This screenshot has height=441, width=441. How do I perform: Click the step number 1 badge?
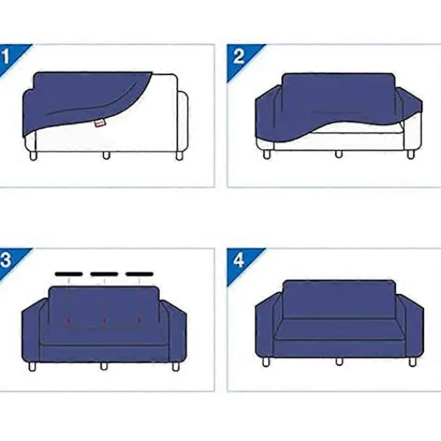(8, 57)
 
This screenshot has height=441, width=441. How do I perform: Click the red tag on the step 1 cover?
(100, 123)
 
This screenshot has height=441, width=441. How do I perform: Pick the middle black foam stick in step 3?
(104, 274)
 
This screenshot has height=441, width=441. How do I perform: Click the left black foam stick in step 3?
(69, 274)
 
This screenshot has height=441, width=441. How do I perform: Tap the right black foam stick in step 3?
(140, 274)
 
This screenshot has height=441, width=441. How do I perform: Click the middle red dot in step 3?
(104, 320)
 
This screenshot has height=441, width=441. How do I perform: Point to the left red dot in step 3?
(68, 320)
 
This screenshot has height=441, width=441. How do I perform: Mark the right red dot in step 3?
(140, 320)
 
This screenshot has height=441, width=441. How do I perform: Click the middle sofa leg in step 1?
(106, 156)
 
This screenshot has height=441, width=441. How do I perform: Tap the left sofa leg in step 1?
(33, 156)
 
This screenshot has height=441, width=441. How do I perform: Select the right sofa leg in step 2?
(411, 154)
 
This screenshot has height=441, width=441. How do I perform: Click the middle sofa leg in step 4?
(339, 362)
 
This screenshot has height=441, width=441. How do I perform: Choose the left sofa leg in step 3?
(32, 367)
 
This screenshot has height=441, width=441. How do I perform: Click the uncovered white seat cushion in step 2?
(357, 128)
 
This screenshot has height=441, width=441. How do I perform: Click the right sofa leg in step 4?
(412, 362)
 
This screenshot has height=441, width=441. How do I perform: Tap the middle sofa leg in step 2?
(339, 154)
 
